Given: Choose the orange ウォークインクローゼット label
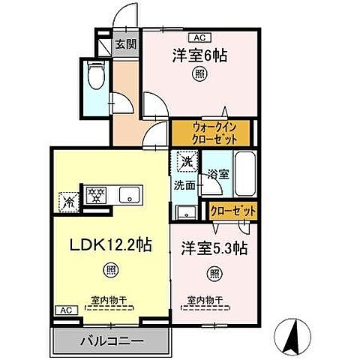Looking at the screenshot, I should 204,133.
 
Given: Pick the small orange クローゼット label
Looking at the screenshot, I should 234,211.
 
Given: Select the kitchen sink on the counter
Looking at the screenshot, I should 130,196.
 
